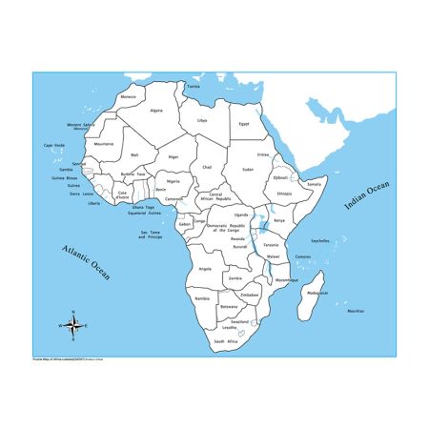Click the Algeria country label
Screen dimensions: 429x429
pyautogui.click(x=156, y=111)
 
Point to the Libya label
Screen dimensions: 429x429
pyautogui.click(x=201, y=121)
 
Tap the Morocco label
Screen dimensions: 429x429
pyautogui.click(x=128, y=97)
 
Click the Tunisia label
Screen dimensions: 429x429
pyautogui.click(x=194, y=86)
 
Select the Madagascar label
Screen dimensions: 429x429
pyautogui.click(x=316, y=293)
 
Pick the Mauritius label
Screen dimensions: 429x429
pyautogui.click(x=355, y=311)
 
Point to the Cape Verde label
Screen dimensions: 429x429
pyautogui.click(x=54, y=145)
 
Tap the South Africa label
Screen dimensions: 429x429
pyautogui.click(x=225, y=340)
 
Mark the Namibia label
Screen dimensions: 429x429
pyautogui.click(x=201, y=299)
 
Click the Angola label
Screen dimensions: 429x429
pyautogui.click(x=204, y=269)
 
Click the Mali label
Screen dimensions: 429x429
pyautogui.click(x=134, y=153)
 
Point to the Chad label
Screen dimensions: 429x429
pyautogui.click(x=206, y=166)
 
